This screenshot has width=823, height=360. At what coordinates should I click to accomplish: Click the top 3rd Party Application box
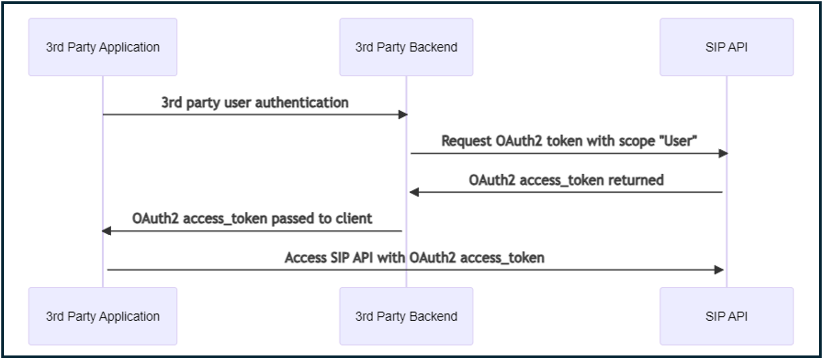click(103, 47)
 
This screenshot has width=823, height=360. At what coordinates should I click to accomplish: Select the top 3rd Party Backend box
click(406, 47)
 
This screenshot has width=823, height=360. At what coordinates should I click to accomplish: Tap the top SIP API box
click(726, 47)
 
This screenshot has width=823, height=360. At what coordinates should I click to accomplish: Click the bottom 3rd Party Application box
click(103, 316)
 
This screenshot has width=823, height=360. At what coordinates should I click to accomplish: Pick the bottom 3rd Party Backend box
click(406, 316)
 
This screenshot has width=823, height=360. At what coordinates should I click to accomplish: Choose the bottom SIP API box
click(726, 316)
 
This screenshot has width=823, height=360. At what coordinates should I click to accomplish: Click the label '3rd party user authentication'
click(255, 103)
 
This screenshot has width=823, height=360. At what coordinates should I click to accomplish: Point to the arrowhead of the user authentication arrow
click(403, 114)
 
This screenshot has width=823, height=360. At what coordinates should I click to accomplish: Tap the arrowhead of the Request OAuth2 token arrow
click(723, 153)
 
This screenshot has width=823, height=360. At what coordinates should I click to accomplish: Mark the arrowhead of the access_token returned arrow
click(414, 192)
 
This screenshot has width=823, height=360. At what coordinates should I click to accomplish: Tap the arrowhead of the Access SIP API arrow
click(719, 270)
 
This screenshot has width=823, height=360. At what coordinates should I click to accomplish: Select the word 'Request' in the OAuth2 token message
click(466, 141)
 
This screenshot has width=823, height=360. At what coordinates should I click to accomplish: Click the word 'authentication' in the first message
click(302, 103)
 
